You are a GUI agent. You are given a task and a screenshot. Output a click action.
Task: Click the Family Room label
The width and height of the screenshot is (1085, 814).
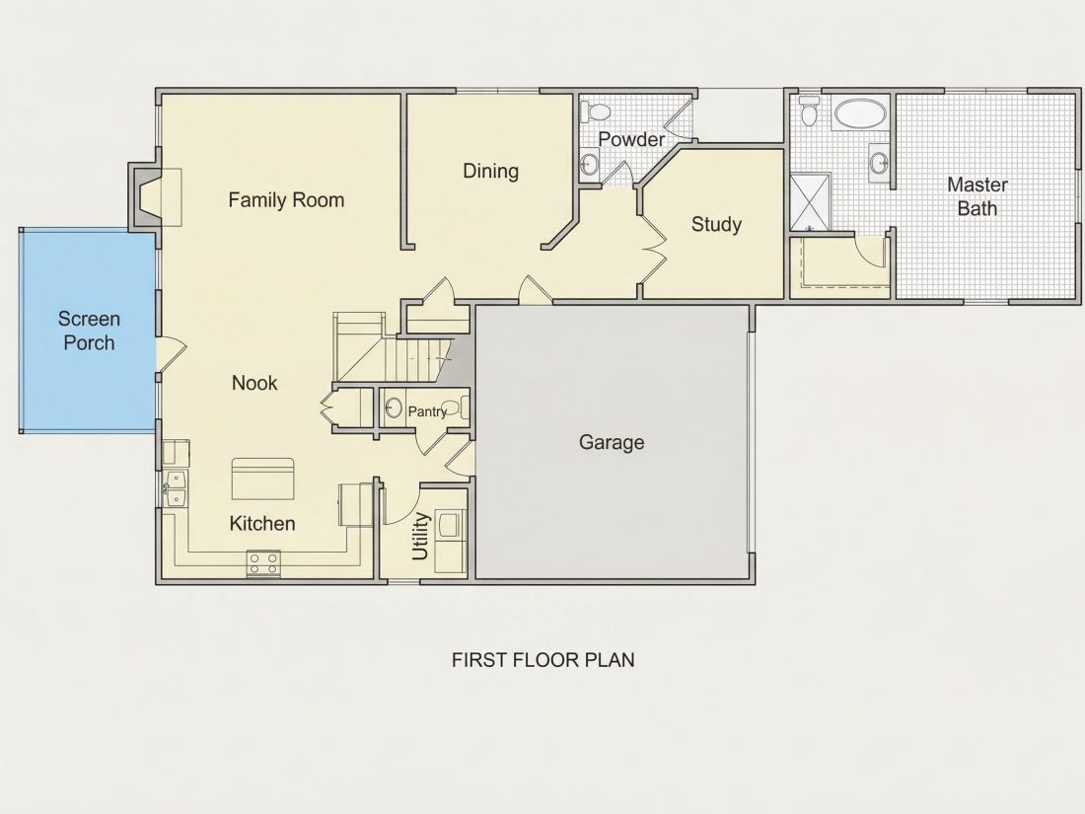286,200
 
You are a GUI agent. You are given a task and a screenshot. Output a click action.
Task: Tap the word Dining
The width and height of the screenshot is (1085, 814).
490,172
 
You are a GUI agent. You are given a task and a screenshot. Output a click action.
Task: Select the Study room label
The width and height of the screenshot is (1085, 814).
716,224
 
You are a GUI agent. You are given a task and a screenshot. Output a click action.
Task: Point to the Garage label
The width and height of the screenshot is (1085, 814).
612,442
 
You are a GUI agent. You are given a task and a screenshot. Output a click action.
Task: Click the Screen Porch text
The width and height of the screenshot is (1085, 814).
89,331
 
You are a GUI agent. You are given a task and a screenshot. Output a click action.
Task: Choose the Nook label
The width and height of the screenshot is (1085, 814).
253,383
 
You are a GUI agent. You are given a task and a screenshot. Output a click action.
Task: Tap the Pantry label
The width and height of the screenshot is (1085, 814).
427,411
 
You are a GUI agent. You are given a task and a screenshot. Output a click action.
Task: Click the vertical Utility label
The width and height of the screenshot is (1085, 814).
420,536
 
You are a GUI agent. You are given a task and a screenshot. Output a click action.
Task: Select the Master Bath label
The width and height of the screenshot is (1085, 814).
977,196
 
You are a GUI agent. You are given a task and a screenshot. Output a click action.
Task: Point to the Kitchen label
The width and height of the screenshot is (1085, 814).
262,523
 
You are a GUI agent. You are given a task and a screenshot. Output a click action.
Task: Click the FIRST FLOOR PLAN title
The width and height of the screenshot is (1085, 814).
543,660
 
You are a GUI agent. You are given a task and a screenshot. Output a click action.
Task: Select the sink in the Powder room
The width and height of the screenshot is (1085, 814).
589,164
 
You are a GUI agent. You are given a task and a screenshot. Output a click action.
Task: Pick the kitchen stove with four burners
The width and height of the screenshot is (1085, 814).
263,563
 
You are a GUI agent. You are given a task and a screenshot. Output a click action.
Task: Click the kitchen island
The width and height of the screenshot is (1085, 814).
262,479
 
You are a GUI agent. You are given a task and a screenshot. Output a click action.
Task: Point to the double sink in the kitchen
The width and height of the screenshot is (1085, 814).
175,488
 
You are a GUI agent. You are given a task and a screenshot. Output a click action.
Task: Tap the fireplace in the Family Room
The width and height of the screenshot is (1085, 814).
145,197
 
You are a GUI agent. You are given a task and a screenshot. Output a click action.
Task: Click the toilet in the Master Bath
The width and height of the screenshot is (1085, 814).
808,111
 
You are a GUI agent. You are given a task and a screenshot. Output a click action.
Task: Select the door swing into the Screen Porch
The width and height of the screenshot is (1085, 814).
171,354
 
